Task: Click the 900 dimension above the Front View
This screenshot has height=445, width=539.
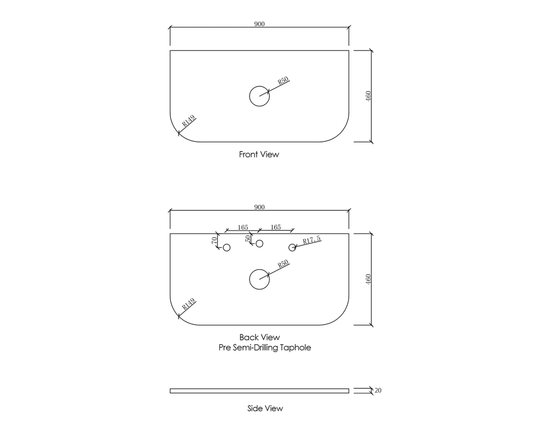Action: [x=259, y=24]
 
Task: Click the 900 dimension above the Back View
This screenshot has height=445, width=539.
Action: [x=259, y=207]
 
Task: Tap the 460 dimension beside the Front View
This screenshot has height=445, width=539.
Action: [x=368, y=96]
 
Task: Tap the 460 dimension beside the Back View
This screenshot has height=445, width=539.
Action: [x=368, y=279]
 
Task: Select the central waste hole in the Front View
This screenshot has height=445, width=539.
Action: [x=259, y=96]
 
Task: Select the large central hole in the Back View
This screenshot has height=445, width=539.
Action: [x=259, y=279]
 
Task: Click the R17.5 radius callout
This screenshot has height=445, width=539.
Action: [x=312, y=241]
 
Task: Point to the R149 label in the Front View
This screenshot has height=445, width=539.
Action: [x=188, y=120]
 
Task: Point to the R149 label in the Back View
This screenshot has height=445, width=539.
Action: [x=188, y=304]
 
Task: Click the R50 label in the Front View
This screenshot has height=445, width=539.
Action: [x=284, y=81]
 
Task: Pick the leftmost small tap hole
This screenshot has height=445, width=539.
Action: [x=226, y=248]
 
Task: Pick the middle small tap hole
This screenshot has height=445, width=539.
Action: [x=259, y=244]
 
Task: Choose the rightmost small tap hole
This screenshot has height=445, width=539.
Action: [x=292, y=248]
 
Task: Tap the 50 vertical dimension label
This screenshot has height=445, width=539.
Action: [x=248, y=238]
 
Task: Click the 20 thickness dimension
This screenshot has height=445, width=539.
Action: [x=378, y=391]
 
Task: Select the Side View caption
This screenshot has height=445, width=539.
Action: [x=265, y=408]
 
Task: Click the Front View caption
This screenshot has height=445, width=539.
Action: [x=259, y=154]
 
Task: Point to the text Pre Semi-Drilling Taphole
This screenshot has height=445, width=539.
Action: [x=265, y=348]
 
